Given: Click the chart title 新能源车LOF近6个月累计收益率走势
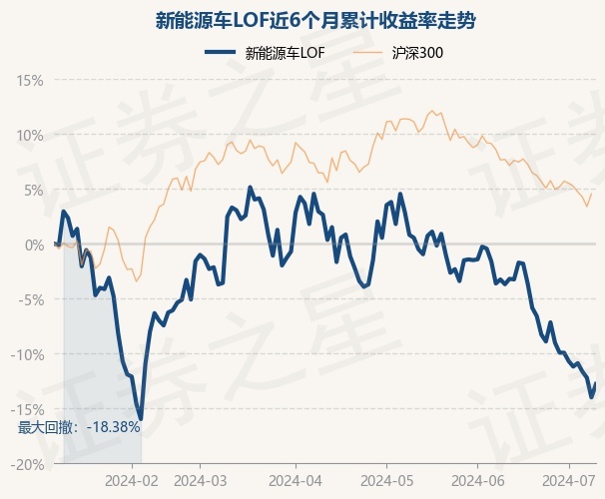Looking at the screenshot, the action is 315,20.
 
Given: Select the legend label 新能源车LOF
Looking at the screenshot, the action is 285,53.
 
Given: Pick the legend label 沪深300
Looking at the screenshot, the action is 417,53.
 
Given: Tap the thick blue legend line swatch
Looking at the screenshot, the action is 221,53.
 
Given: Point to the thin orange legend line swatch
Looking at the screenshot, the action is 367,53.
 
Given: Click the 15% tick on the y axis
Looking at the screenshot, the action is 30,81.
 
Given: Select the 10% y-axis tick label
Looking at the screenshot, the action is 30,136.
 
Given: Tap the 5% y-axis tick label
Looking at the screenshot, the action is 34,191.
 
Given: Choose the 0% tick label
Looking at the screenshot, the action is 34,246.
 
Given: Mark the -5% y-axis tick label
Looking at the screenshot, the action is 31,300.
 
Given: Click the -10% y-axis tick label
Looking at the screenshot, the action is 27,354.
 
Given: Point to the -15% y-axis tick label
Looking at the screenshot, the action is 27,409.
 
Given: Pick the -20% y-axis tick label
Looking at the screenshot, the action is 27,465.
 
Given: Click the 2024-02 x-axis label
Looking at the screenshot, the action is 132,481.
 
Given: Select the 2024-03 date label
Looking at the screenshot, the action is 201,481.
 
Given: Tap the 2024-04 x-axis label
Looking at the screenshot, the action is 296,481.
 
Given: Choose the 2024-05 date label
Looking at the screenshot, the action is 387,481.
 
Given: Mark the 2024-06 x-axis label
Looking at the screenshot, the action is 478,481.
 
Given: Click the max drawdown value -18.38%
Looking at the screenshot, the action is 114,427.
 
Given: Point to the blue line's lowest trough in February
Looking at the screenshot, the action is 141,419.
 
